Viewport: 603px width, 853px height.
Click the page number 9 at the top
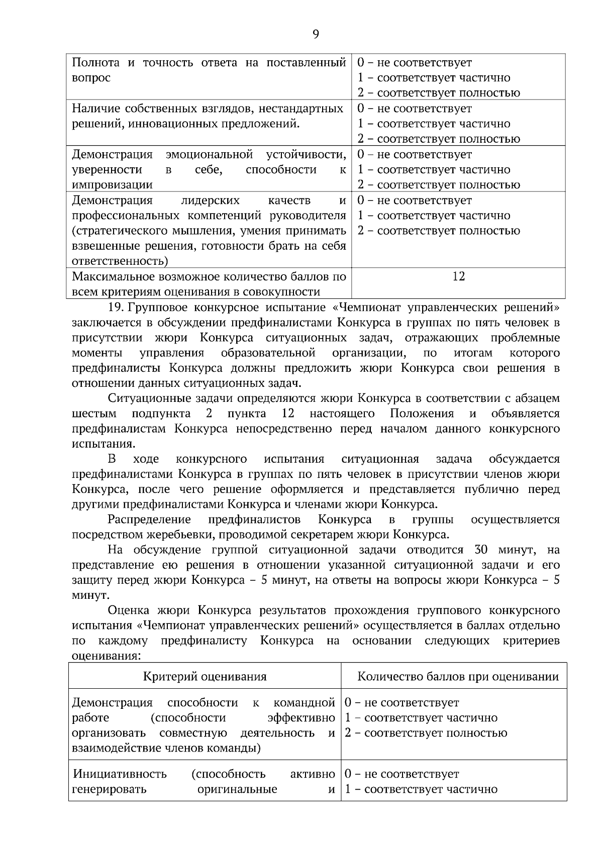point(316,34)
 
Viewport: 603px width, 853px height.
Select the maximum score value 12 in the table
point(458,276)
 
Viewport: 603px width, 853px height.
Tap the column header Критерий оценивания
point(205,676)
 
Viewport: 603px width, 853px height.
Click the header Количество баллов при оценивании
point(458,676)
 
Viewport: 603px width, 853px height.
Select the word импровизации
point(113,185)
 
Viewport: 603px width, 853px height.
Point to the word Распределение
point(149,519)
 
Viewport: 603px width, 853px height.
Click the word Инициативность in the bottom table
point(120,774)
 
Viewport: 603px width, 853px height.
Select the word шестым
point(94,413)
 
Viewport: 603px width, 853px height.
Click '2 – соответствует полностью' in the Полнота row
point(439,93)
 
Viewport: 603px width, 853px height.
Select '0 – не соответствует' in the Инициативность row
point(401,774)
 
